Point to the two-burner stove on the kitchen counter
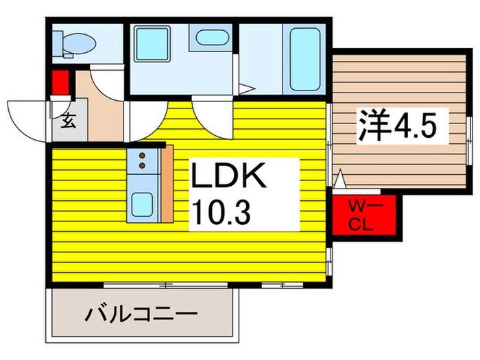click(143, 160)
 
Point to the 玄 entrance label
click(69, 122)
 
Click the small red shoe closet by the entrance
click(58, 82)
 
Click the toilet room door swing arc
click(106, 81)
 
